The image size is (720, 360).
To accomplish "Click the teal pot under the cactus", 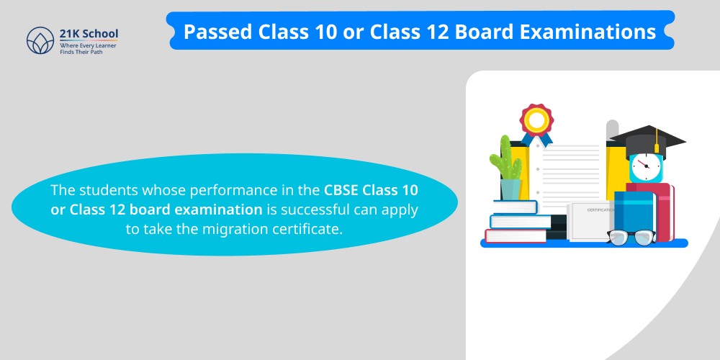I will [x=510, y=189].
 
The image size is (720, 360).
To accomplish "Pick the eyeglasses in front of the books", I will [x=631, y=236].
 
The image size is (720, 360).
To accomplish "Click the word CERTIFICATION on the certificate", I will [x=600, y=210].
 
